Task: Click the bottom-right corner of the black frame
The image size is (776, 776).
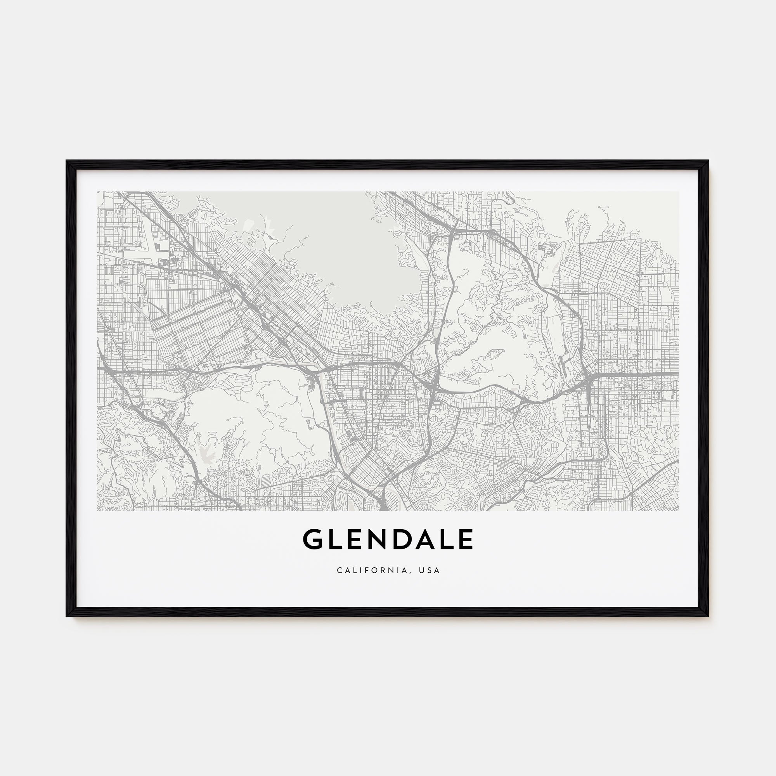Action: [x=708, y=616]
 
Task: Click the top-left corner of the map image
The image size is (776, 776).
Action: [x=97, y=191]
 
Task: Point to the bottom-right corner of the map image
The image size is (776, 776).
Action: [x=679, y=511]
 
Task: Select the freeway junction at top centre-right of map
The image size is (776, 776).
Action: [x=453, y=232]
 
